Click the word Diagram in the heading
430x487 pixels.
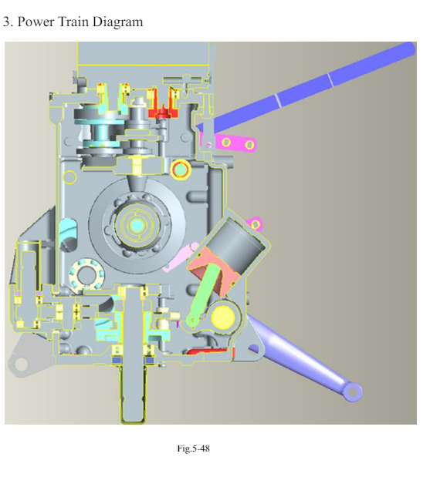click(117, 22)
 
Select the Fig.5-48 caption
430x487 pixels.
click(193, 448)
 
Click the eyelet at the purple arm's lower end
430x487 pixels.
click(353, 391)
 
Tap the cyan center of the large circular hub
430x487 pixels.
click(137, 225)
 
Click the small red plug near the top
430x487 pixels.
click(162, 113)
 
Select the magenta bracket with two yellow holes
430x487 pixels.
click(232, 143)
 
